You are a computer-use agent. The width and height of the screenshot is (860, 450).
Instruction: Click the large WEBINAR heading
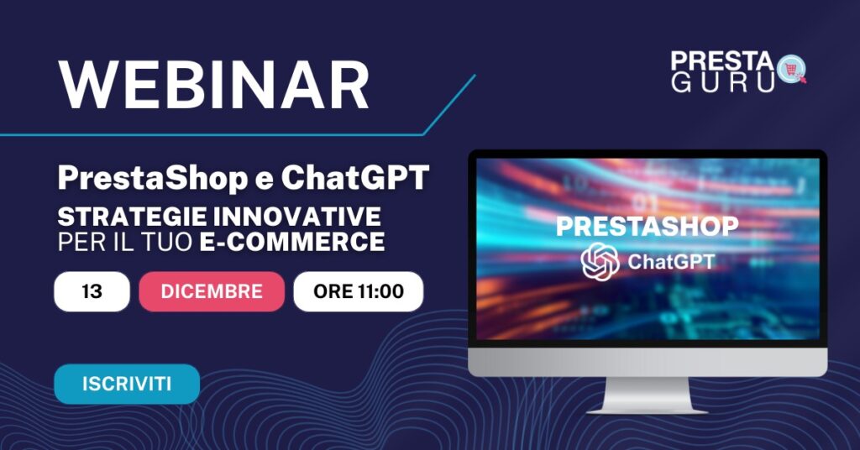click(x=214, y=86)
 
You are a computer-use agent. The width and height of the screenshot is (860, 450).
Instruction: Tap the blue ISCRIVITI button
click(x=127, y=384)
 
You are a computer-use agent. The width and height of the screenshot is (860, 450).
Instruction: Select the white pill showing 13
click(x=92, y=291)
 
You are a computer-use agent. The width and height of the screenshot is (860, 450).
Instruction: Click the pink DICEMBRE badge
click(x=212, y=291)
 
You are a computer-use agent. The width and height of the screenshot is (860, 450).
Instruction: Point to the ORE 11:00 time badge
click(x=359, y=291)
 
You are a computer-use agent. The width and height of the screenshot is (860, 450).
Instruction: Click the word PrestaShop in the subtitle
click(x=153, y=178)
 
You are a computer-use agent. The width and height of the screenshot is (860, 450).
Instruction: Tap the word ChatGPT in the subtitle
click(x=355, y=177)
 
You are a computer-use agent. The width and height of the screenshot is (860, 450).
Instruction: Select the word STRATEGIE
click(x=132, y=217)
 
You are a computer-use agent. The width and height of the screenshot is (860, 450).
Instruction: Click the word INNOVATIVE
click(x=297, y=217)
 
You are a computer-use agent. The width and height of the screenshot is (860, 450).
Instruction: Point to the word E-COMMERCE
click(x=291, y=242)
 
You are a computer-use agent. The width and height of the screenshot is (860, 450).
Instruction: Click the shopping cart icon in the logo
click(x=791, y=70)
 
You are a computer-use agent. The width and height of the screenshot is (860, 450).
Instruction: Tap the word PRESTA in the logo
click(x=721, y=61)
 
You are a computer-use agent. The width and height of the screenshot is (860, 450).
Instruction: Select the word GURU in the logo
click(x=723, y=83)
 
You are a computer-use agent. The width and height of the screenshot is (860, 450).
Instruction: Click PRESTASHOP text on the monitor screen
click(x=648, y=227)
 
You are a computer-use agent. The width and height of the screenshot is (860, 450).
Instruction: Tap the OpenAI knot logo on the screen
click(x=600, y=261)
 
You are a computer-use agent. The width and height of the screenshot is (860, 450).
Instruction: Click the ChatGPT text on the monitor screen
click(x=671, y=262)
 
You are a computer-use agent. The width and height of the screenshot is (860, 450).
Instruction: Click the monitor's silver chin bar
click(x=648, y=363)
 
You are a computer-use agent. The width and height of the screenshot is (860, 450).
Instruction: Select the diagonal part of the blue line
click(x=449, y=105)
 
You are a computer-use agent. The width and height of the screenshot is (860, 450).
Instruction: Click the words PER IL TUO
click(x=125, y=242)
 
